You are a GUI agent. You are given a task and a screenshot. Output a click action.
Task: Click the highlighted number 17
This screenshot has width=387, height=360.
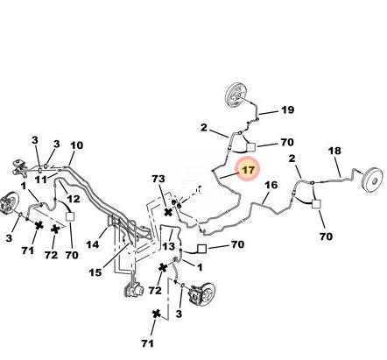click(x=249, y=170)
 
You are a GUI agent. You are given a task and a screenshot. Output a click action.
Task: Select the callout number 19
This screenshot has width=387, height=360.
click(x=287, y=110)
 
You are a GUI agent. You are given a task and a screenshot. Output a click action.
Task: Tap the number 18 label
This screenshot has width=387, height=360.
click(x=334, y=151)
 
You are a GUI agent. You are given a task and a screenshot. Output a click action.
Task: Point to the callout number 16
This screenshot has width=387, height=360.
click(x=271, y=185)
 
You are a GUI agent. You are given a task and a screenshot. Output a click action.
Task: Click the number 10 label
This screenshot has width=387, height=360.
click(x=77, y=145)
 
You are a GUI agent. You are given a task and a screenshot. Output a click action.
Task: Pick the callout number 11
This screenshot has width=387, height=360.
click(x=40, y=180)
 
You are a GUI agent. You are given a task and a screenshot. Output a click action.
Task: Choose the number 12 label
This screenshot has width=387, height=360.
click(x=74, y=199)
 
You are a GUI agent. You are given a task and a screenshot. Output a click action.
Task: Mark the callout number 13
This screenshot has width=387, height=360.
click(x=168, y=246)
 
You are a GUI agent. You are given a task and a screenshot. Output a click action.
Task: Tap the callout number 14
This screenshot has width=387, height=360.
click(x=93, y=244)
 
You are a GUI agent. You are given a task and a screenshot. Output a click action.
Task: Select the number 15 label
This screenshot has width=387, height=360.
click(x=95, y=272)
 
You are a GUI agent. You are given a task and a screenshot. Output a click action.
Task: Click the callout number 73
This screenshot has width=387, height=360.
click(x=158, y=179)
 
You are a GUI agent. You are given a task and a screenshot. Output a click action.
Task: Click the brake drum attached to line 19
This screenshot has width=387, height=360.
click(x=236, y=96)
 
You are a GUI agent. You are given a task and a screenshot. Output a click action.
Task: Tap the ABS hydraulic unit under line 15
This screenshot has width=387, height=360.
click(x=134, y=289)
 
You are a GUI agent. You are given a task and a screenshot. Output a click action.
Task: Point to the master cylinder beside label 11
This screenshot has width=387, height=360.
click(x=20, y=167)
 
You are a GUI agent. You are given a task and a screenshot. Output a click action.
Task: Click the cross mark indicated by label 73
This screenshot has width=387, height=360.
click(x=168, y=212)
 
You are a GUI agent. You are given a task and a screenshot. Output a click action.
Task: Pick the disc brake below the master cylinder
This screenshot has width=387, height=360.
click(x=9, y=202)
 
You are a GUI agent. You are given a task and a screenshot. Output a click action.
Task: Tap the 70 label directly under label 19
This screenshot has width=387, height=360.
click(x=287, y=142)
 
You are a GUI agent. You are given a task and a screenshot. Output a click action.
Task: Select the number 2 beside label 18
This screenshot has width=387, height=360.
click(x=292, y=159)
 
